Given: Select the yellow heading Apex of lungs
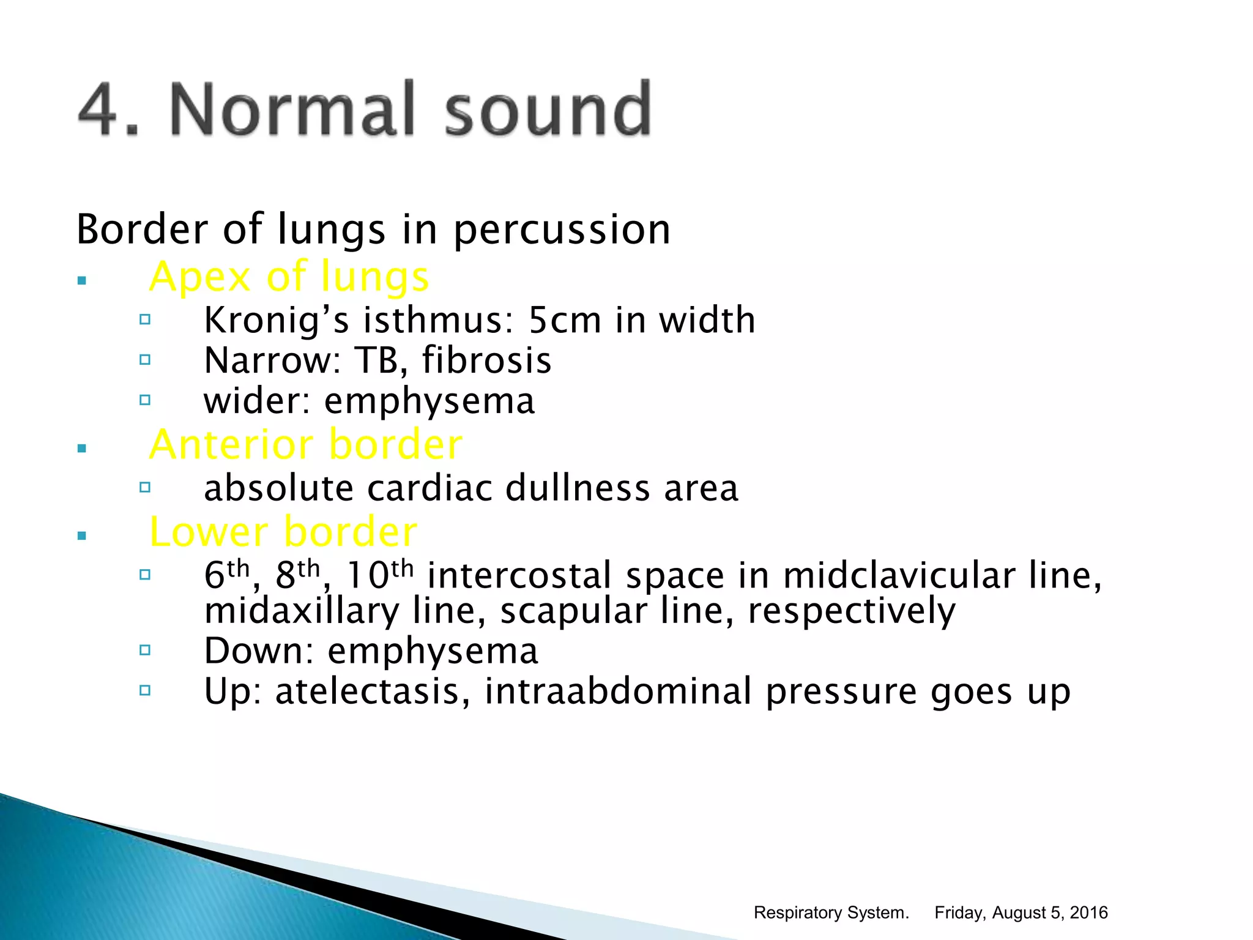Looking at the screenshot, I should [289, 277].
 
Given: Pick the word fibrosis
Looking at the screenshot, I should [486, 360].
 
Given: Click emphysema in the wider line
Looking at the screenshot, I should [429, 402].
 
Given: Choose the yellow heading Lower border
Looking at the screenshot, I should [283, 532].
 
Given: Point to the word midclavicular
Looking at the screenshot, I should [899, 576].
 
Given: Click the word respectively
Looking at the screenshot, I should [851, 612].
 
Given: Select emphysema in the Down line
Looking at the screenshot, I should [433, 651].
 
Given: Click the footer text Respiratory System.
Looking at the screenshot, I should [831, 912].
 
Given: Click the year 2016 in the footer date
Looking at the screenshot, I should [1088, 912].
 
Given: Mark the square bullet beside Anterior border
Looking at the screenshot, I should [82, 449].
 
